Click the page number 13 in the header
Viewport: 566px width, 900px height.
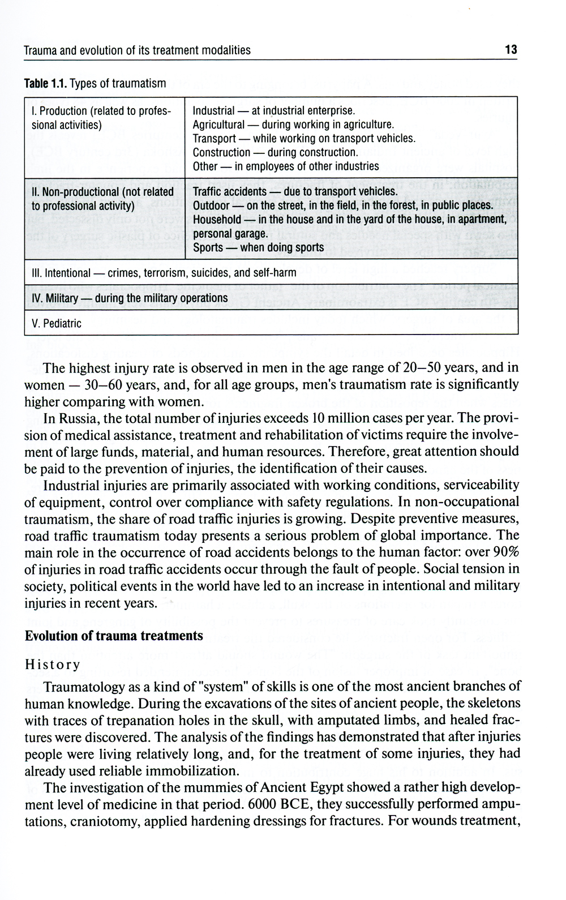(x=511, y=50)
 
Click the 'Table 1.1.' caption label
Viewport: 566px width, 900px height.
(x=45, y=84)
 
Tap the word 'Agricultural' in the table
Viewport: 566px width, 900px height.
(x=218, y=125)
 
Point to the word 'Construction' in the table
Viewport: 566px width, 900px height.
(x=221, y=152)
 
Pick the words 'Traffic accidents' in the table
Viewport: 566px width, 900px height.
(x=229, y=191)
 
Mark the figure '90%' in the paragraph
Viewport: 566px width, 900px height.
(x=507, y=552)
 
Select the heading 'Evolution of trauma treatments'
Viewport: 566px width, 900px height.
(x=114, y=636)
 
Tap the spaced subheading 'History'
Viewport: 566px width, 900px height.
(x=53, y=665)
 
